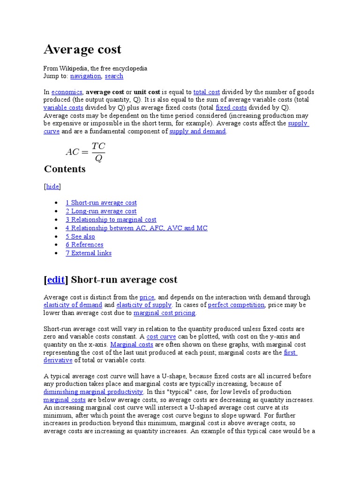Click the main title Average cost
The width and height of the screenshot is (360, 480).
tap(82, 49)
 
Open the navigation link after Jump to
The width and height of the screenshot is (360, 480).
tap(85, 76)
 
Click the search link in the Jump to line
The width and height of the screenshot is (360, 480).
tap(114, 76)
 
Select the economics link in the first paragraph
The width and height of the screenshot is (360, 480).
tap(67, 92)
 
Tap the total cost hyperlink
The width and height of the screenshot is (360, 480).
tap(206, 92)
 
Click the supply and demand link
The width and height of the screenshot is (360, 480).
tap(197, 132)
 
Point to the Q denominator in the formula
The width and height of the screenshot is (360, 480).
tap(98, 158)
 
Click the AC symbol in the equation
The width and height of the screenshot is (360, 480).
tap(73, 152)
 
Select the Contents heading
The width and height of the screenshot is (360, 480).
tap(65, 169)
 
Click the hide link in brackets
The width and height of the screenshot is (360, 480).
tap(52, 187)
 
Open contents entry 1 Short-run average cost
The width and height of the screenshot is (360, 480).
tap(101, 203)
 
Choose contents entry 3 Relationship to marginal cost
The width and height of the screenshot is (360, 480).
tap(111, 220)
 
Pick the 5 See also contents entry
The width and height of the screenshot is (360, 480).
tap(80, 237)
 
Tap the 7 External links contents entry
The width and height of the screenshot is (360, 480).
tap(89, 253)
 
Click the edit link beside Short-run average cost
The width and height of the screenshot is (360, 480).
tap(56, 280)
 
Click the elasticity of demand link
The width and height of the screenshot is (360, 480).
tap(73, 305)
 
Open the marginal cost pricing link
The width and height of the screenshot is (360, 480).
tap(165, 313)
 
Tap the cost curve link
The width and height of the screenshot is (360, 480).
tap(161, 337)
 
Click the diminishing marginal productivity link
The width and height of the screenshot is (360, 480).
tap(93, 392)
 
